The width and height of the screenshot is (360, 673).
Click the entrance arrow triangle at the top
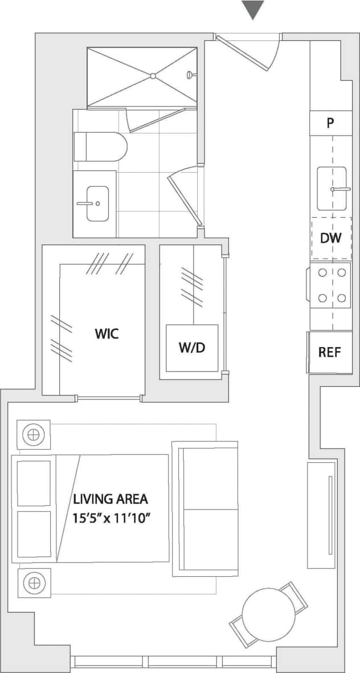(x=253, y=9)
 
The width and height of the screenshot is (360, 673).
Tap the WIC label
(x=107, y=333)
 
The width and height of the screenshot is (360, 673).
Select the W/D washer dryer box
(x=192, y=348)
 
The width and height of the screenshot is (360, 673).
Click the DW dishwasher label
(x=330, y=238)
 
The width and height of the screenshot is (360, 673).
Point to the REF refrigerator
(x=329, y=352)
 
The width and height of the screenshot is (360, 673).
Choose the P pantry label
(x=330, y=124)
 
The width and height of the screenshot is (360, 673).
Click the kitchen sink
(x=332, y=186)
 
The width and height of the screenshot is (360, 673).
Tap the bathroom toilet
(x=100, y=146)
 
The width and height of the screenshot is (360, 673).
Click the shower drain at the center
(x=153, y=76)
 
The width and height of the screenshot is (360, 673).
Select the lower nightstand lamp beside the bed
(x=33, y=583)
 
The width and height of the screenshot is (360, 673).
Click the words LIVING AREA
(x=110, y=499)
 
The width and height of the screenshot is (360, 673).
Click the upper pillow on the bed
(x=34, y=483)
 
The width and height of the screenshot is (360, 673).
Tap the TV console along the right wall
(x=321, y=515)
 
